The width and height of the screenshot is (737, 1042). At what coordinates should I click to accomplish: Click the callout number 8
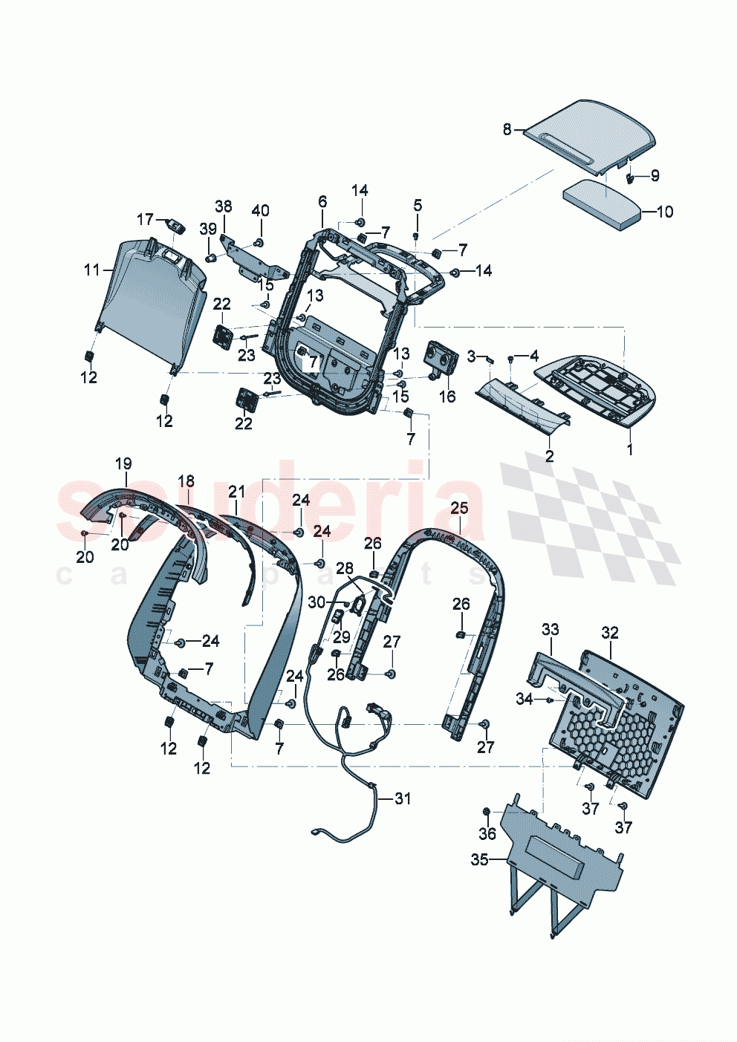(x=507, y=130)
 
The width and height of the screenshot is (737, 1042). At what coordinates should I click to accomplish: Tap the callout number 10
(x=665, y=212)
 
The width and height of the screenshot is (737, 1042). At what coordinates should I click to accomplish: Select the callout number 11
(x=91, y=270)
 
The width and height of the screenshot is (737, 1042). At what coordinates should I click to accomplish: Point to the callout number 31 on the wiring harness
(x=402, y=798)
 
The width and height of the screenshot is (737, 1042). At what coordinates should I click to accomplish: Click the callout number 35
(x=479, y=859)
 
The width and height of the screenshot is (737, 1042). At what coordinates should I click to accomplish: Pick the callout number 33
(x=550, y=630)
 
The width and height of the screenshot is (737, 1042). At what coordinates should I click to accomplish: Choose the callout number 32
(x=609, y=633)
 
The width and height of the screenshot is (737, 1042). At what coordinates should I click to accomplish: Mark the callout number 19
(x=123, y=463)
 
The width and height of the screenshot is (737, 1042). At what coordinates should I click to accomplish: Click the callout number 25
(x=460, y=507)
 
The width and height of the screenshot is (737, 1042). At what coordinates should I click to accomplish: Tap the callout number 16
(x=447, y=397)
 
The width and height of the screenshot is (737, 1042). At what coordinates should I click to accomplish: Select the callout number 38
(x=224, y=206)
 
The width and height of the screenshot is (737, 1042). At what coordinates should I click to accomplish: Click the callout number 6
(x=322, y=201)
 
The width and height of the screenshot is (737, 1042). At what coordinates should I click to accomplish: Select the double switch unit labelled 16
(x=438, y=357)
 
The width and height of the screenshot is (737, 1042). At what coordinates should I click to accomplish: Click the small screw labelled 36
(x=487, y=810)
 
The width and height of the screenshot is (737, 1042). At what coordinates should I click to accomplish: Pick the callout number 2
(x=549, y=456)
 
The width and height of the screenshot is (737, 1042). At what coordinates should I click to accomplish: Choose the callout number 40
(x=260, y=210)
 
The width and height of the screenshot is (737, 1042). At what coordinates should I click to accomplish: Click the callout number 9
(x=655, y=175)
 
